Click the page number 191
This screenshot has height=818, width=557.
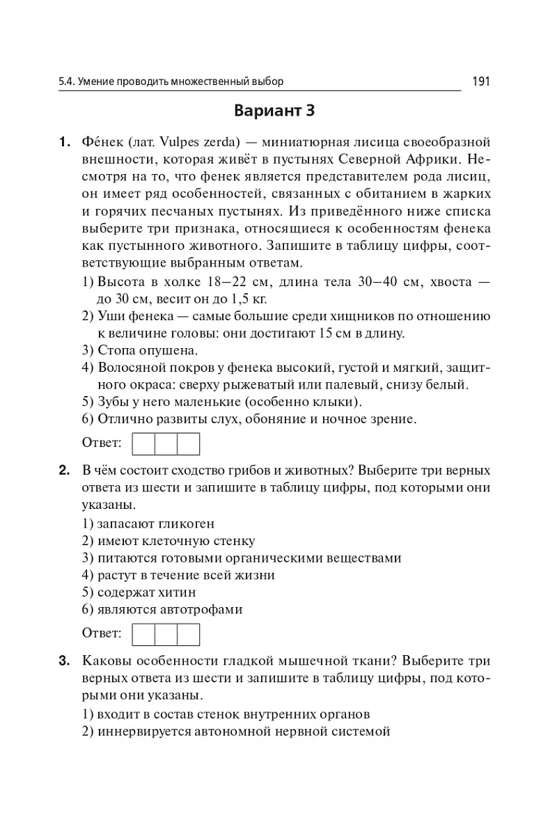click(x=481, y=81)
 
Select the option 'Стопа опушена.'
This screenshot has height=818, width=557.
click(x=140, y=349)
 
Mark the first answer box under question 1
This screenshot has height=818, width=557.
click(x=143, y=444)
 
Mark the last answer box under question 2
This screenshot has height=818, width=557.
click(x=188, y=634)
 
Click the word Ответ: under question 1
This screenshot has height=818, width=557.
click(x=102, y=443)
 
